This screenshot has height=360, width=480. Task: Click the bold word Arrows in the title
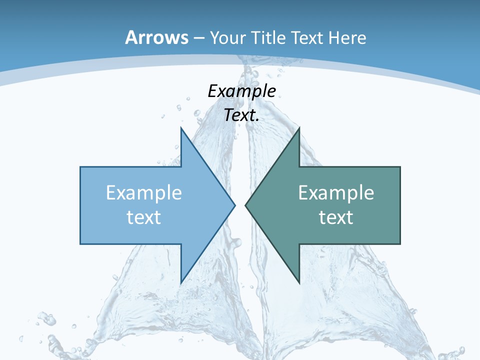tap(157, 37)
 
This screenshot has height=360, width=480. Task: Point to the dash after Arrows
tap(198, 38)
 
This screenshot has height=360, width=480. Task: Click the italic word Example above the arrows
tap(241, 91)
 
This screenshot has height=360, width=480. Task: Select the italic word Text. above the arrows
tap(241, 115)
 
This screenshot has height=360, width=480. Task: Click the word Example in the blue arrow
tap(144, 193)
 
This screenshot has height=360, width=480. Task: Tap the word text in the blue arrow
tap(144, 217)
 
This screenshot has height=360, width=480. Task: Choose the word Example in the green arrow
tap(336, 193)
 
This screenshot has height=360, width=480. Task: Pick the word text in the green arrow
tap(336, 217)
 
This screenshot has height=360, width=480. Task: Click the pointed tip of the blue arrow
tap(234, 205)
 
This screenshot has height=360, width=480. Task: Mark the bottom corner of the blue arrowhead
tap(181, 282)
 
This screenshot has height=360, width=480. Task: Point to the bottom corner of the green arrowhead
tap(299, 282)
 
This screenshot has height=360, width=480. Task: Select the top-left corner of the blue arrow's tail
tap(80, 167)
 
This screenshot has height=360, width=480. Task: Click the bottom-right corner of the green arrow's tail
tap(400, 243)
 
